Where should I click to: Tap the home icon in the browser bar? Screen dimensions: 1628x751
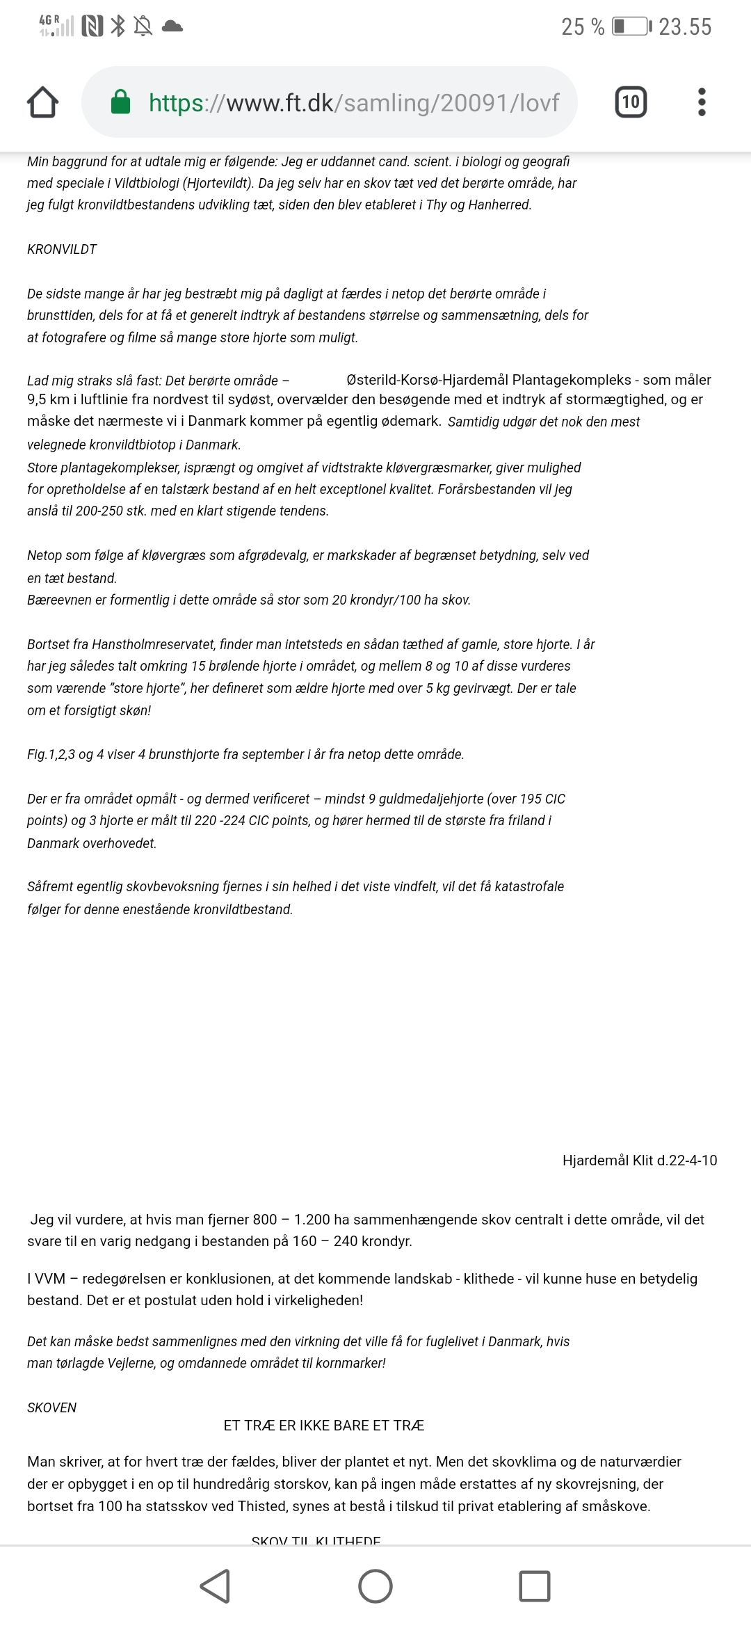(42, 102)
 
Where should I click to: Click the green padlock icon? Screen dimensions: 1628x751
(121, 102)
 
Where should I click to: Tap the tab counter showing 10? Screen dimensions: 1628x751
(631, 102)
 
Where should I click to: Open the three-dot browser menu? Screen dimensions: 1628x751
(702, 102)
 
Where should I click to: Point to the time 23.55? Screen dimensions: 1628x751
(685, 27)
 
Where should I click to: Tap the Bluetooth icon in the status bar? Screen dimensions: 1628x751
(119, 27)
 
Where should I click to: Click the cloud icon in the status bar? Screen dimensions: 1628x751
(172, 27)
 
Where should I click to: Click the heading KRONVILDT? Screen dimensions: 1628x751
(62, 249)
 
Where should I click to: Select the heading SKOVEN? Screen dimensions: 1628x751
(51, 1407)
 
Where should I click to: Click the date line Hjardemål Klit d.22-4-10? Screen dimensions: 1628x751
(640, 1160)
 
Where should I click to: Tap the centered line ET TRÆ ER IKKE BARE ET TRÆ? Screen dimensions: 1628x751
(323, 1426)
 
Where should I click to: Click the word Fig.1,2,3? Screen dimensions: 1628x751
(51, 754)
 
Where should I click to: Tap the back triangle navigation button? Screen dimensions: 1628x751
(215, 1586)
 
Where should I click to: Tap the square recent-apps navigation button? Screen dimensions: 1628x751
(535, 1586)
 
